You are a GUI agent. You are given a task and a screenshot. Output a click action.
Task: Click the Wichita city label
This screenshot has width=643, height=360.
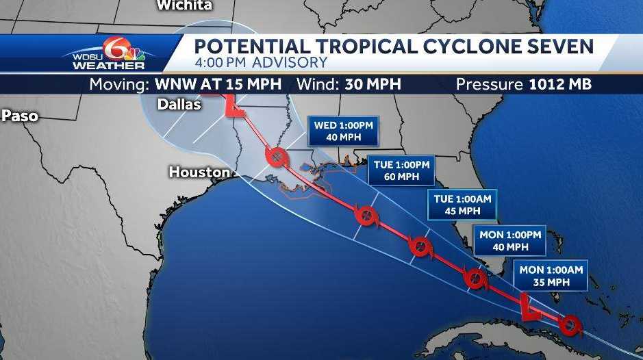tap(184, 5)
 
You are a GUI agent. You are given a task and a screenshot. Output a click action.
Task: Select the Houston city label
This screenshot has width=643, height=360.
tap(199, 172)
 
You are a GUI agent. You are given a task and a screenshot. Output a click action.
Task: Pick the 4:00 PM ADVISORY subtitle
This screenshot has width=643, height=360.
tap(261, 63)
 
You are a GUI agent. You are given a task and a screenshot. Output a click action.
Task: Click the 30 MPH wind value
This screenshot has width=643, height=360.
tap(368, 85)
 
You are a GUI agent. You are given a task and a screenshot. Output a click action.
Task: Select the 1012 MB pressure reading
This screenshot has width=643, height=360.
tap(560, 85)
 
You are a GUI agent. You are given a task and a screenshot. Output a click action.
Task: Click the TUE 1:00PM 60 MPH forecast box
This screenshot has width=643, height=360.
tap(401, 170)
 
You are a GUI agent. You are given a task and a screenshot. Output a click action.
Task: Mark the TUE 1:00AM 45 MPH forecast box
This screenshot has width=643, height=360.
tap(462, 205)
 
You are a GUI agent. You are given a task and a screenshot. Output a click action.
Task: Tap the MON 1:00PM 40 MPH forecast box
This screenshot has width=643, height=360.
tap(510, 240)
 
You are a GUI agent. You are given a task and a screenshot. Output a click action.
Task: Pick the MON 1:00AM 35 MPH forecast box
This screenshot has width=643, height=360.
tap(551, 276)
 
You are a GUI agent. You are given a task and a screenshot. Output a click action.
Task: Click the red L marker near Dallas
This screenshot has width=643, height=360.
tap(234, 107)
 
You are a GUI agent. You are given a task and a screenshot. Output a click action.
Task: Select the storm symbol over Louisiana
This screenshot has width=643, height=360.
tap(275, 158)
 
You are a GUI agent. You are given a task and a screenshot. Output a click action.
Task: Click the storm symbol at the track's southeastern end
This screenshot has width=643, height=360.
tap(568, 324)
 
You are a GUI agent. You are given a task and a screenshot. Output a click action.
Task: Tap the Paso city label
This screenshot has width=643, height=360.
tap(19, 116)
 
